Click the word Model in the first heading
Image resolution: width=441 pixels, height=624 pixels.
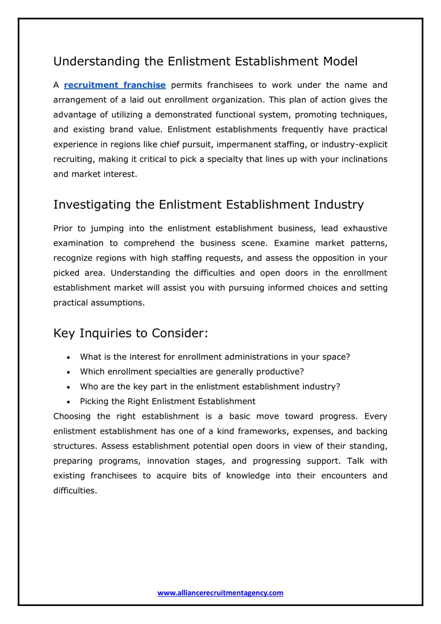pyautogui.click(x=340, y=61)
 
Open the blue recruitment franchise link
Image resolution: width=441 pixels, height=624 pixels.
pyautogui.click(x=115, y=85)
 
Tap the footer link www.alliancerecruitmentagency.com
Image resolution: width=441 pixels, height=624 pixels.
pyautogui.click(x=220, y=593)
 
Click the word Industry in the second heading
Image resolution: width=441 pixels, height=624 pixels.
pyautogui.click(x=339, y=205)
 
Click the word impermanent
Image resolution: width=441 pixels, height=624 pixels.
pyautogui.click(x=244, y=145)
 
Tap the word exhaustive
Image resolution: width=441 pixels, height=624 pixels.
pyautogui.click(x=365, y=229)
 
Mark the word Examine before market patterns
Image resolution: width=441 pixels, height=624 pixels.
pyautogui.click(x=292, y=243)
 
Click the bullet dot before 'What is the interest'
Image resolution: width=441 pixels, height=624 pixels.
pyautogui.click(x=68, y=357)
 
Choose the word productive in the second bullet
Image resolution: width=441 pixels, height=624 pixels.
pyautogui.click(x=280, y=372)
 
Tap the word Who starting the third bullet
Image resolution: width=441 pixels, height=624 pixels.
pyautogui.click(x=89, y=387)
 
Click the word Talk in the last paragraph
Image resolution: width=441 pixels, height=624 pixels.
pyautogui.click(x=356, y=461)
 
